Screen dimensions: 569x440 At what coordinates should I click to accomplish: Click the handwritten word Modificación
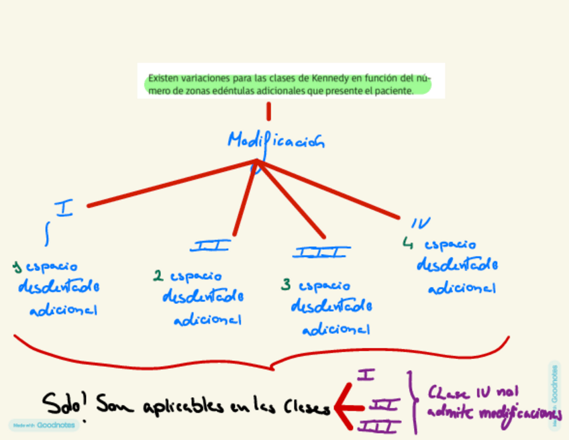pyautogui.click(x=276, y=142)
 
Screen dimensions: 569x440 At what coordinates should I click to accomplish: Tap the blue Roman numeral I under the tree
pyautogui.click(x=64, y=209)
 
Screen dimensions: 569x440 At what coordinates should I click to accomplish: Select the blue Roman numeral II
pyautogui.click(x=209, y=246)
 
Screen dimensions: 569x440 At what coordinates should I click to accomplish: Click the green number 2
pyautogui.click(x=158, y=275)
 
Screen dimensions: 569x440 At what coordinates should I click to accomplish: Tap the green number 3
pyautogui.click(x=286, y=285)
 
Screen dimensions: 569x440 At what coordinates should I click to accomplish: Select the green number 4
pyautogui.click(x=407, y=243)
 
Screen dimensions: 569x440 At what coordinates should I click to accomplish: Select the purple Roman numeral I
pyautogui.click(x=366, y=374)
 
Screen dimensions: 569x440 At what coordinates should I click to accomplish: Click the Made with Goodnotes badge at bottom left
pyautogui.click(x=44, y=425)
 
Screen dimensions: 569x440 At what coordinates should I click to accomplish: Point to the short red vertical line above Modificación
pyautogui.click(x=268, y=111)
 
